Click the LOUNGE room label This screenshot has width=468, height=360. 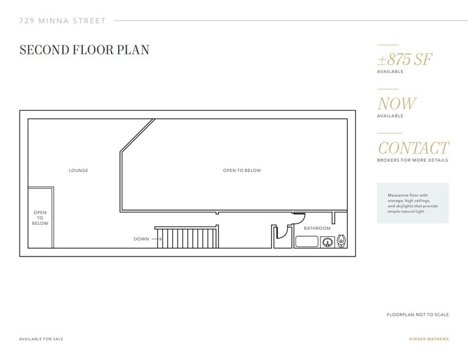(78, 170)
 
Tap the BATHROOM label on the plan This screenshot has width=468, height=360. (317, 228)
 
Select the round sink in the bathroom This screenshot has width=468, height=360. (327, 242)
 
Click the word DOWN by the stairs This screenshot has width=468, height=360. (141, 239)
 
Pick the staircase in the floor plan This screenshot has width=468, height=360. (187, 237)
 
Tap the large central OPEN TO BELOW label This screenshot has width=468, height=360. (242, 170)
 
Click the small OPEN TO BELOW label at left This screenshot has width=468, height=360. (40, 218)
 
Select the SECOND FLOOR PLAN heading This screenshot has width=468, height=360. (84, 50)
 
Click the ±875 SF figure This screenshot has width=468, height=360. (405, 59)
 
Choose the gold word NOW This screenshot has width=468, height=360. (396, 103)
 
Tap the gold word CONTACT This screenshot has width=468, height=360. (413, 148)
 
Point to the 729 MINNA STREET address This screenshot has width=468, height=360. (62, 21)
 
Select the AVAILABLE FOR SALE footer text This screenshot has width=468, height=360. (41, 339)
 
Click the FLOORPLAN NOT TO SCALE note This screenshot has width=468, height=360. (417, 315)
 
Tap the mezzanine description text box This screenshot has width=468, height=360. (412, 203)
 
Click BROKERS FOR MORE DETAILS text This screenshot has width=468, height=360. (412, 160)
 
